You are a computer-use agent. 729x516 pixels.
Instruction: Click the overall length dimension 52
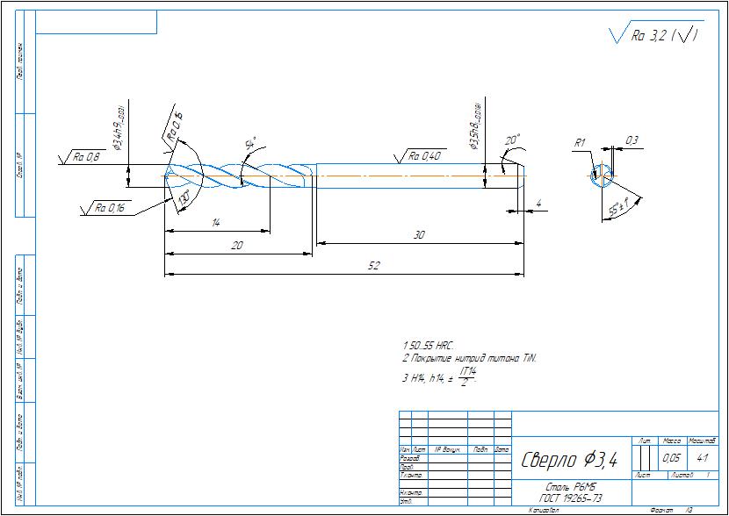[373, 268]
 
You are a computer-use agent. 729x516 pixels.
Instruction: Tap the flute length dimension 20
[236, 247]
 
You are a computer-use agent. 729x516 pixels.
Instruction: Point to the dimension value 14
[215, 224]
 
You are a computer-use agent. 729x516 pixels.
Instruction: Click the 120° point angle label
[184, 200]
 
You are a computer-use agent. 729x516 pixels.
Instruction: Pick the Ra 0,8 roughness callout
[86, 157]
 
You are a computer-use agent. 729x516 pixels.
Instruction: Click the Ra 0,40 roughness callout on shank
[425, 156]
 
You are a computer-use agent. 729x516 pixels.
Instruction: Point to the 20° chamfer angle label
[513, 139]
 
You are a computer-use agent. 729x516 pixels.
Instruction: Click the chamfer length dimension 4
[538, 204]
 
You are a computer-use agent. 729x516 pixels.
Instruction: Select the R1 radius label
[579, 142]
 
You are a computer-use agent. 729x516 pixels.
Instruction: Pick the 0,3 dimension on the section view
[632, 140]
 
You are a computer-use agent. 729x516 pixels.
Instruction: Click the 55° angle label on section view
[618, 209]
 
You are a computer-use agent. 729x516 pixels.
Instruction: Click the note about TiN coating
[468, 359]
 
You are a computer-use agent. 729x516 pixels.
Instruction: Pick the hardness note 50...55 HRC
[430, 347]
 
